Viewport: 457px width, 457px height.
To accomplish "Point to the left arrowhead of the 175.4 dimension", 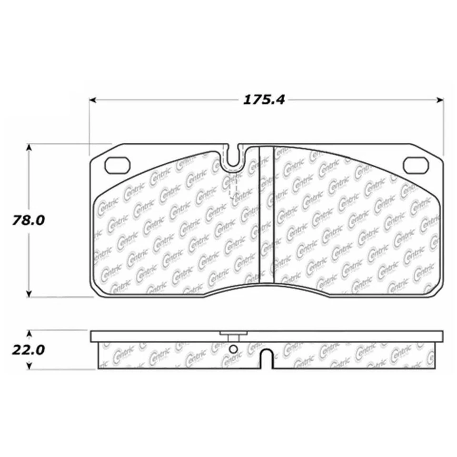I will (94, 100).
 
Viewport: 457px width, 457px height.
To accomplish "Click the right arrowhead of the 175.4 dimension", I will (440, 100).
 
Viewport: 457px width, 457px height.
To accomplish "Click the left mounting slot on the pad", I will (118, 165).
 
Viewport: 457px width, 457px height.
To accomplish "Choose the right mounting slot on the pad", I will (416, 165).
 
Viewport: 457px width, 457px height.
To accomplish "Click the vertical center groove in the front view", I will (266, 214).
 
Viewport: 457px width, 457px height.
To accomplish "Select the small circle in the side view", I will (233, 350).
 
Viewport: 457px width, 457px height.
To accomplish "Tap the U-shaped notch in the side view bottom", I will (268, 359).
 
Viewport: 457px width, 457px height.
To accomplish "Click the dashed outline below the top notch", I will (233, 187).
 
